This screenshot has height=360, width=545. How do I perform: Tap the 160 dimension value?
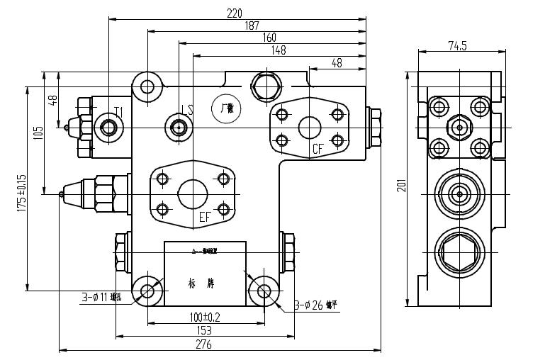pyautogui.click(x=269, y=37)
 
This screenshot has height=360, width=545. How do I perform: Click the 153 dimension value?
pyautogui.click(x=204, y=330)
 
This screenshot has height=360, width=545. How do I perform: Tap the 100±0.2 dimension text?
pyautogui.click(x=204, y=317)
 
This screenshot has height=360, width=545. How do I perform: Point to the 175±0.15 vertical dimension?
pyautogui.click(x=21, y=193)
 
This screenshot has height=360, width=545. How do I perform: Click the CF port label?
pyautogui.click(x=319, y=149)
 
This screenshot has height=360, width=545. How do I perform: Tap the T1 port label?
pyautogui.click(x=119, y=112)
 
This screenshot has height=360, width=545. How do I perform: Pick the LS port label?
pyautogui.click(x=187, y=110)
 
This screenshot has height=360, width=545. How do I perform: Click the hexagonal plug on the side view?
pyautogui.click(x=459, y=252)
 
